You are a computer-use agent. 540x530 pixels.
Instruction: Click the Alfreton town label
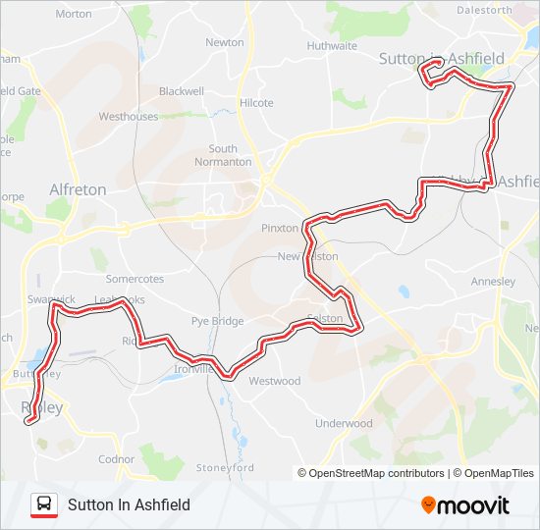pyautogui.click(x=78, y=189)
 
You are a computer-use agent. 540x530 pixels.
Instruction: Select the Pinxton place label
pyautogui.click(x=280, y=228)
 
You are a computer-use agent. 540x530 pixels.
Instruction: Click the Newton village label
pyautogui.click(x=225, y=43)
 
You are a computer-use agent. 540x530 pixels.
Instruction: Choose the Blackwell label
pyautogui.click(x=181, y=91)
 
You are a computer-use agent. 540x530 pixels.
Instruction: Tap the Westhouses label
pyautogui.click(x=128, y=117)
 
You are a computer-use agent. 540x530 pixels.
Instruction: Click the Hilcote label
pyautogui.click(x=256, y=103)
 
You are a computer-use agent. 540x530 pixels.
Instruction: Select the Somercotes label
pyautogui.click(x=135, y=280)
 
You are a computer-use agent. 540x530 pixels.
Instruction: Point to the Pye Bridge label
pyautogui.click(x=217, y=321)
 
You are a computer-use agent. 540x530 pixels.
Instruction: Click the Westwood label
pyautogui.click(x=275, y=381)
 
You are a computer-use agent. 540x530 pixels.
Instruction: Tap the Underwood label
pyautogui.click(x=344, y=424)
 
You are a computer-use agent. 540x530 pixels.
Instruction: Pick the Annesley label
pyautogui.click(x=493, y=282)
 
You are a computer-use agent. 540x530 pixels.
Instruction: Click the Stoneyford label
pyautogui.click(x=225, y=467)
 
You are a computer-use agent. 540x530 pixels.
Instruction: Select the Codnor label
pyautogui.click(x=116, y=459)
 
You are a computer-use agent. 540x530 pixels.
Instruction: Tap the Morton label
pyautogui.click(x=74, y=15)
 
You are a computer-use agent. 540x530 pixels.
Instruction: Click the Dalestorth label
pyautogui.click(x=484, y=10)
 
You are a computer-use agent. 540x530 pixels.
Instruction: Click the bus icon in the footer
pyautogui.click(x=44, y=504)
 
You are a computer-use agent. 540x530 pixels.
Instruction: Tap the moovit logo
pyautogui.click(x=465, y=505)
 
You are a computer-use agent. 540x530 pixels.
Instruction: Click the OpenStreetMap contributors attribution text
pyautogui.click(x=371, y=473)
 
